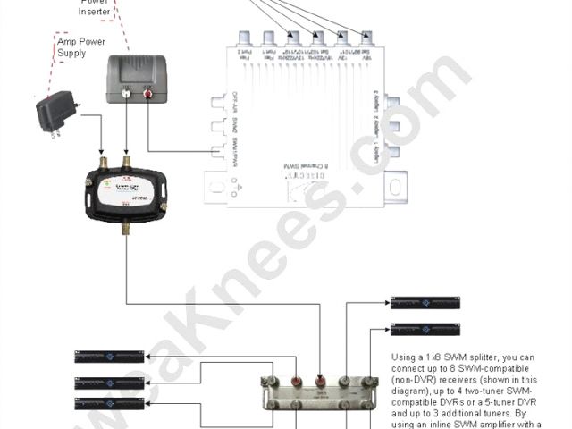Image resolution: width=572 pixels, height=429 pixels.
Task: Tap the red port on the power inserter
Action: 141,91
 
